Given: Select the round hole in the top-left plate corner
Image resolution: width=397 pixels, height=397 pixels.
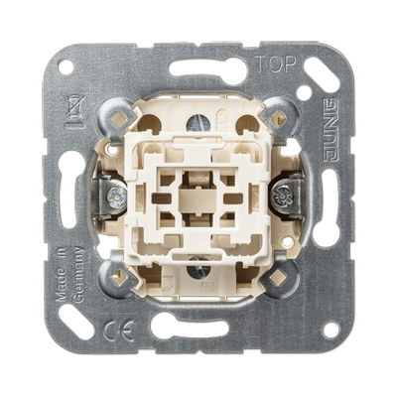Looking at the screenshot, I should click(66, 66).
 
